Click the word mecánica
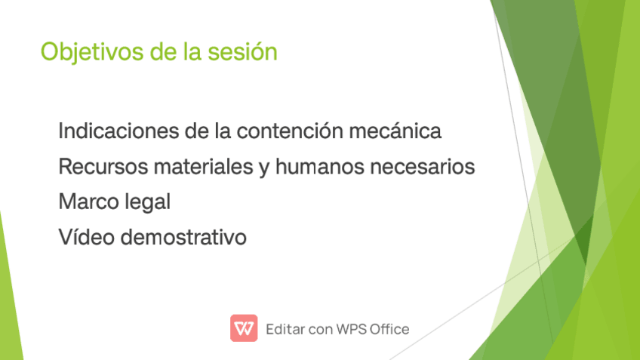click(x=395, y=131)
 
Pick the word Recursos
click(x=103, y=167)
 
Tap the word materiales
click(x=204, y=167)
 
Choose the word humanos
click(x=319, y=167)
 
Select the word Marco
click(x=88, y=202)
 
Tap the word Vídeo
click(x=87, y=237)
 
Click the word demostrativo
click(x=183, y=237)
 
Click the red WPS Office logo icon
click(x=244, y=328)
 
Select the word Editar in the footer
click(x=285, y=329)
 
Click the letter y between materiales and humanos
click(x=264, y=169)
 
